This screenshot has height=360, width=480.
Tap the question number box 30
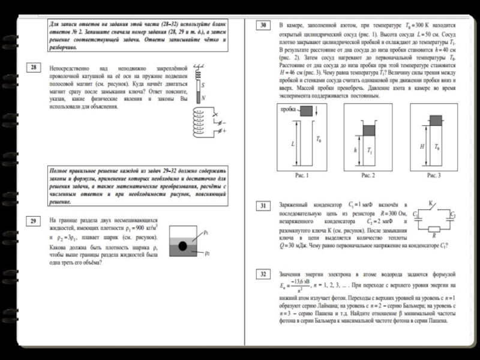[263, 26]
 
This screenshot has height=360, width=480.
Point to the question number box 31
[263, 206]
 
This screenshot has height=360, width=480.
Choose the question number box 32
[263, 275]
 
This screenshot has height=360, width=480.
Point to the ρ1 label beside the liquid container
[206, 232]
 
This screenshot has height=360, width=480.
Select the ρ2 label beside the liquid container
[206, 253]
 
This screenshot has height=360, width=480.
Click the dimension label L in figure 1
[293, 145]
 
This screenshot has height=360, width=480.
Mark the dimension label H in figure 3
[423, 146]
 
